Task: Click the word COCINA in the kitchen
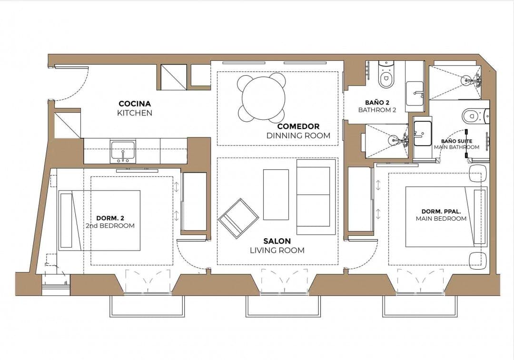coord(134,104)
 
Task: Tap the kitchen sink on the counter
coord(123,151)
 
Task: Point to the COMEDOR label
coord(298,126)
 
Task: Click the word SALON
coord(277,241)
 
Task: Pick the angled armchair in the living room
coord(238,218)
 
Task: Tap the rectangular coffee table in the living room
coord(276,195)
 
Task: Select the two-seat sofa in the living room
coord(313,197)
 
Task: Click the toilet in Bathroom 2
coord(385,76)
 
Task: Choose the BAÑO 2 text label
coord(377,102)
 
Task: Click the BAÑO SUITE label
coord(456,141)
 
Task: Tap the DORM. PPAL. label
coord(441,211)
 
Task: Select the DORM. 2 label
coord(110,218)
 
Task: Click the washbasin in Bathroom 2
coord(415,93)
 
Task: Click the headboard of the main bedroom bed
coord(480,216)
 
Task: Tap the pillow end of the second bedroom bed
coord(66,220)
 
